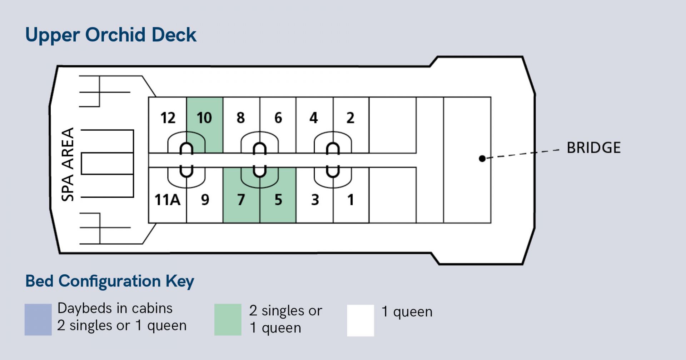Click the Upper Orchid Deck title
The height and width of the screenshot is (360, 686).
[x=111, y=35]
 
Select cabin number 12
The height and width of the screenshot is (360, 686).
[x=168, y=118]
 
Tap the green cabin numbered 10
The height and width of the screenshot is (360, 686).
[x=204, y=118]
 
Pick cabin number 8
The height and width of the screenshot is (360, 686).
[x=241, y=118]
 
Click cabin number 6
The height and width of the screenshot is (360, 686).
[x=278, y=118]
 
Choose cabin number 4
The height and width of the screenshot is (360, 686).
[x=314, y=118]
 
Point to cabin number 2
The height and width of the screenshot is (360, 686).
[x=351, y=118]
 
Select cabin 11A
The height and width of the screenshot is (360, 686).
[x=167, y=200]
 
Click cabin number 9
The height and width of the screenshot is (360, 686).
[x=205, y=200]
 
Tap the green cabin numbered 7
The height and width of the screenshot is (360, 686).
[x=241, y=200]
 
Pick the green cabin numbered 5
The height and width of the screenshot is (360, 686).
[x=278, y=200]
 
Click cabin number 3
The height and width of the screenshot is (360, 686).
[x=315, y=200]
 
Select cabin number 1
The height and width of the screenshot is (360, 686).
[x=351, y=200]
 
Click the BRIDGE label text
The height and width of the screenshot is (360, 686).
[x=593, y=148]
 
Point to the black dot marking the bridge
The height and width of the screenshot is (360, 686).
[x=482, y=159]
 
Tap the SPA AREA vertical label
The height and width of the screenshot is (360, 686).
[x=68, y=164]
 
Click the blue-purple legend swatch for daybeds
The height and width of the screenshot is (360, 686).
[x=38, y=320]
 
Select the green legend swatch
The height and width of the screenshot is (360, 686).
[x=228, y=320]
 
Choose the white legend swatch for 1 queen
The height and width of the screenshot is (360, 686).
[x=361, y=320]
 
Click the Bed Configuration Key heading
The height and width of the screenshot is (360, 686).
[x=110, y=281]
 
